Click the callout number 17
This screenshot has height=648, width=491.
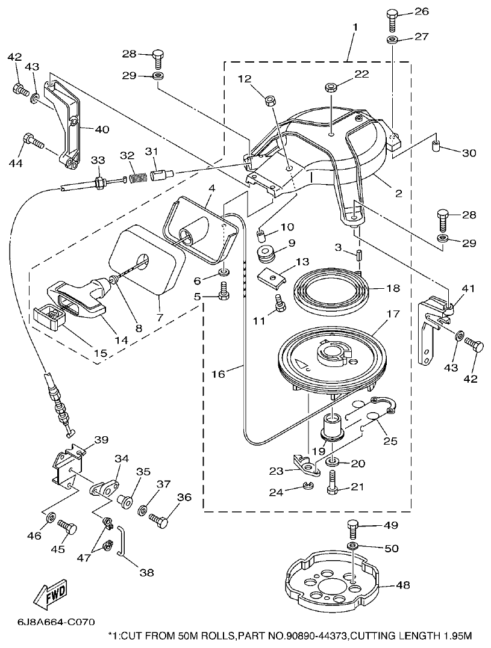(x=393, y=313)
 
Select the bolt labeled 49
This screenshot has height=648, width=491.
(x=353, y=529)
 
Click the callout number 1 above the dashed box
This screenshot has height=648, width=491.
(x=355, y=27)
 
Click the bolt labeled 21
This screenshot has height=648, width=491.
(x=333, y=483)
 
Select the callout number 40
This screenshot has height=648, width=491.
(x=102, y=128)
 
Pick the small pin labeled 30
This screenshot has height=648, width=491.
(x=437, y=147)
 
